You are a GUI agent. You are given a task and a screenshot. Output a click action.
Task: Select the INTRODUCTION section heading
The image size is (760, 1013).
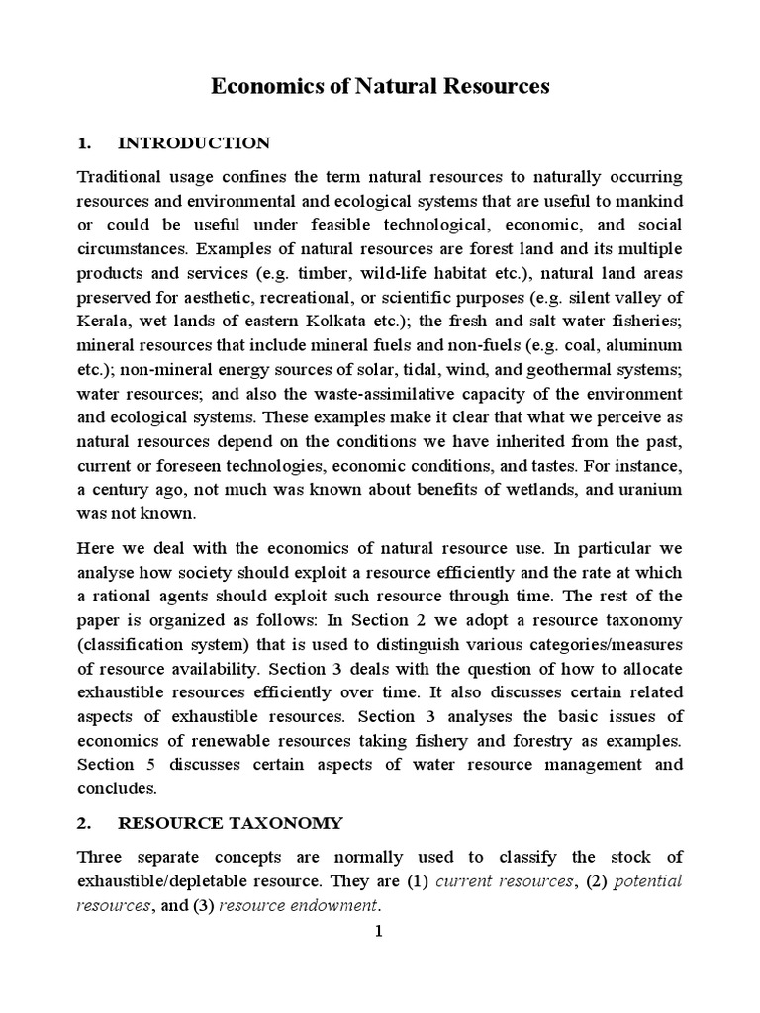(x=193, y=143)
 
